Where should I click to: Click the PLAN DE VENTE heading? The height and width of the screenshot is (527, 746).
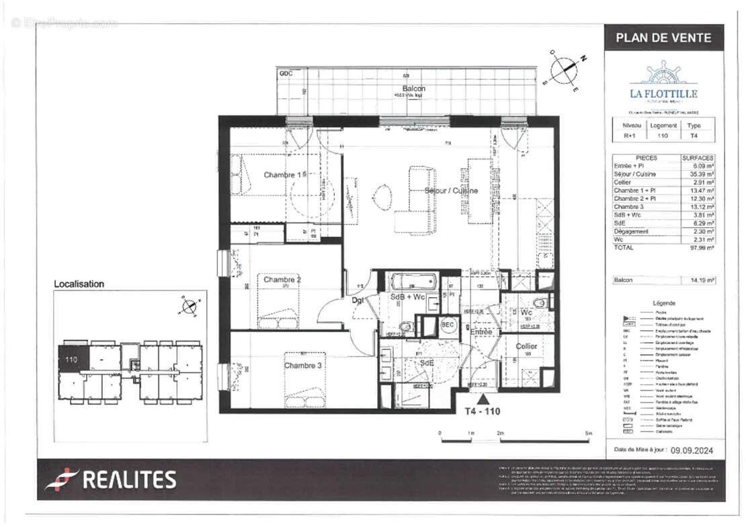tap(663, 38)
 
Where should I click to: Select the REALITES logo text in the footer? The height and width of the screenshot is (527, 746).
tap(112, 479)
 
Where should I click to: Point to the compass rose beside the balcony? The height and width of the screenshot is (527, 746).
tap(565, 71)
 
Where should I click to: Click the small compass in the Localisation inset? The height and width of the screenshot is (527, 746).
tap(190, 307)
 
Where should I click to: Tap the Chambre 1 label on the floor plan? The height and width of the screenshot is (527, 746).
tap(282, 175)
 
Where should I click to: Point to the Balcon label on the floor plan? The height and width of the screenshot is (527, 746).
tap(414, 89)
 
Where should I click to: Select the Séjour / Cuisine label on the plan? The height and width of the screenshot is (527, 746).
tap(451, 191)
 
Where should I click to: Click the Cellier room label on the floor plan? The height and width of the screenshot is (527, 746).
tap(526, 346)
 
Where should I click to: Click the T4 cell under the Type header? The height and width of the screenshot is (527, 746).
tap(694, 136)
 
